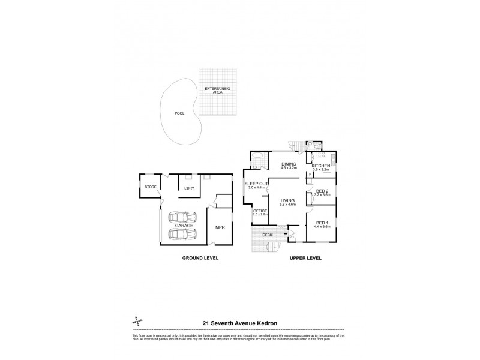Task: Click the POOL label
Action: pos(179,113)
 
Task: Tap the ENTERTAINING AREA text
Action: pos(217,91)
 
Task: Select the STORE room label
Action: pos(150,187)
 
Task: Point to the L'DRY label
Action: pos(191,188)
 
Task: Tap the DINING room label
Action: pos(290,164)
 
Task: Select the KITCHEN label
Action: pos(321,165)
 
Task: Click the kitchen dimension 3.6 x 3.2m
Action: pos(321,170)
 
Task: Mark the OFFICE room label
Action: pos(260,211)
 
